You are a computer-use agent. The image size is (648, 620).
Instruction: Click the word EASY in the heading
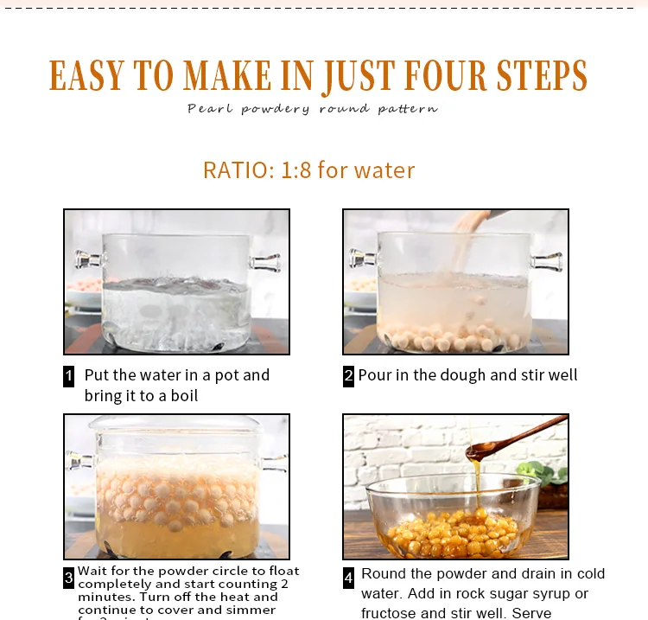coord(86,76)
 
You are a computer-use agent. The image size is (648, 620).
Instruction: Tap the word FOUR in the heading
coord(435,76)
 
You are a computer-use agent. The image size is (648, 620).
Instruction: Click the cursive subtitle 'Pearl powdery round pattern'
coord(313,109)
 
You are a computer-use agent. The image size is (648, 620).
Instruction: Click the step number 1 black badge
coord(69,376)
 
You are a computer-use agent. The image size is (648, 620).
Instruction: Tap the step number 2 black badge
coord(348,376)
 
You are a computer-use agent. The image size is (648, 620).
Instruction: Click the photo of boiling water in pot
coord(176,282)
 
